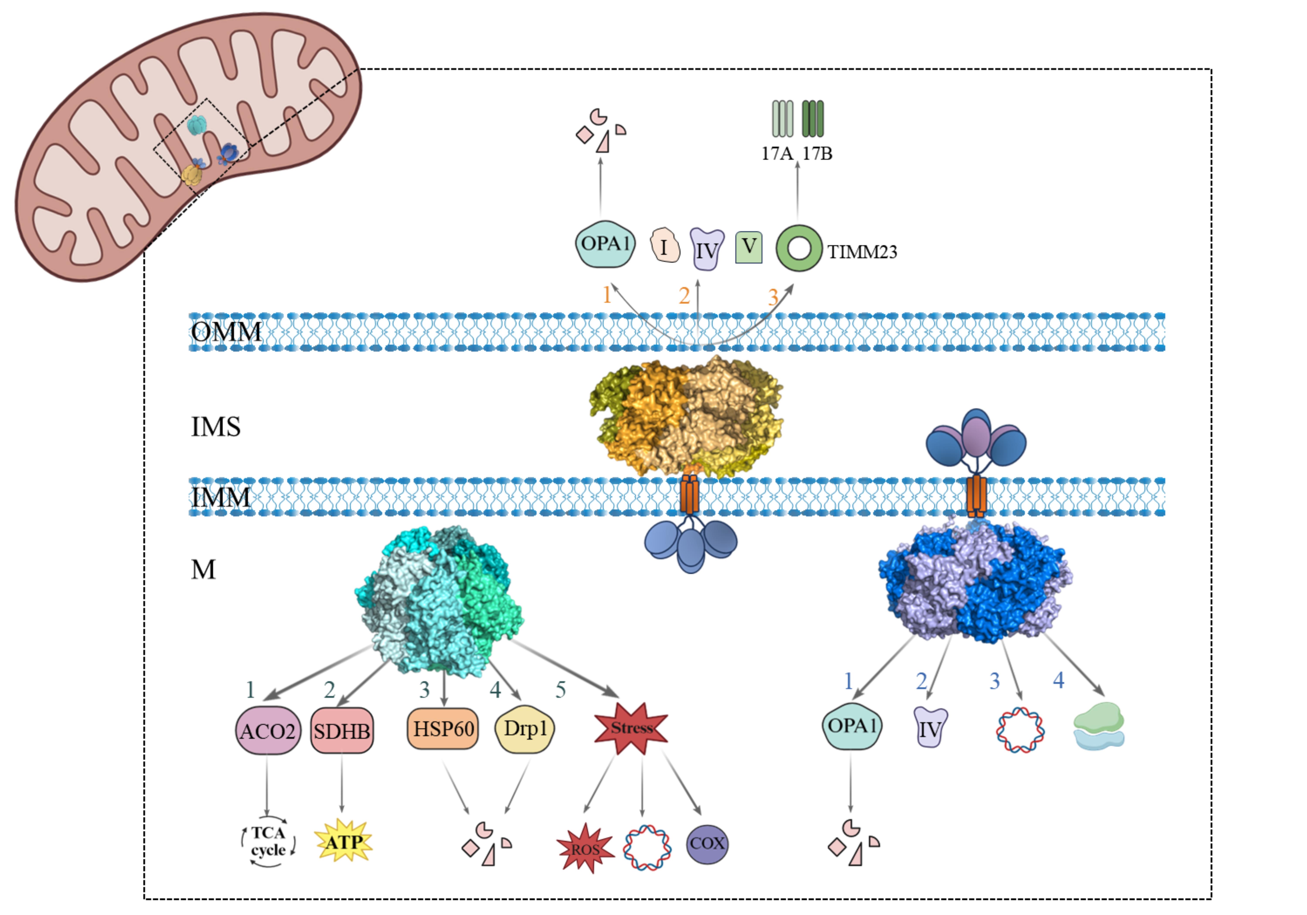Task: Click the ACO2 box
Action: [x=267, y=730]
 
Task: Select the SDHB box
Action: [x=342, y=730]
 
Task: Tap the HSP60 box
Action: [x=443, y=728]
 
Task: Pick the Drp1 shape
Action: [x=524, y=728]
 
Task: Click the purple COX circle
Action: [x=707, y=843]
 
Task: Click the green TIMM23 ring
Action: [x=799, y=249]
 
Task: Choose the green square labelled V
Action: [x=748, y=247]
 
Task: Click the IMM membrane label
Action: [x=220, y=497]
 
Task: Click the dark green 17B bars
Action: [x=812, y=119]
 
